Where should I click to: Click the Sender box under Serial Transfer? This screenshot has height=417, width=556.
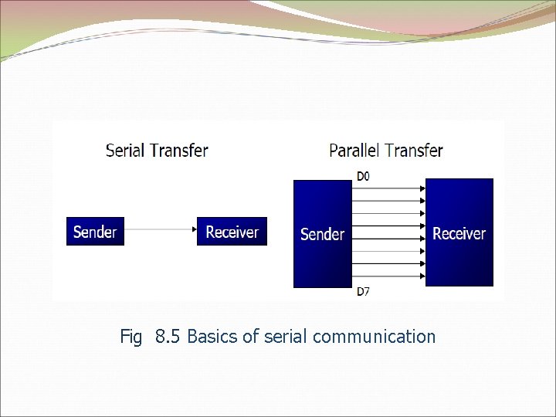point(95,231)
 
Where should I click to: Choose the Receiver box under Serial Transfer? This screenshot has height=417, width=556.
point(232,231)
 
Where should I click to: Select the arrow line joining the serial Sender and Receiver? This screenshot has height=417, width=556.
point(158,229)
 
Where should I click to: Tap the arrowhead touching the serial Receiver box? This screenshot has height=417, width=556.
point(193,229)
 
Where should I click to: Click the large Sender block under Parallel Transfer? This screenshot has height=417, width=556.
point(322,233)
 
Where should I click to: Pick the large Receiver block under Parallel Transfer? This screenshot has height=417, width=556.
point(459,232)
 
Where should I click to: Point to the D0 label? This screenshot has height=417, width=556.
point(363,176)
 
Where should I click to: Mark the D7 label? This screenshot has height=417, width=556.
point(363,291)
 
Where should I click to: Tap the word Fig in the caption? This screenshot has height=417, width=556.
point(131,337)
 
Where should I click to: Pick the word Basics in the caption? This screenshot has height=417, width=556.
point(212,337)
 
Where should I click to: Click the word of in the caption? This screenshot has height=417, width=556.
point(249,337)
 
